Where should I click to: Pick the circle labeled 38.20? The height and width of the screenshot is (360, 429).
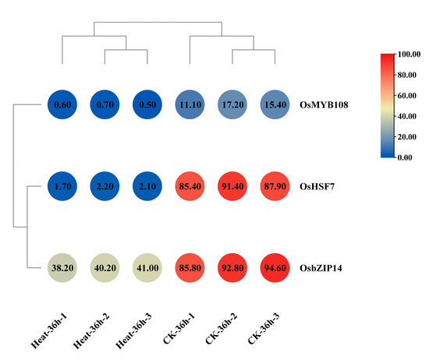click(x=62, y=272)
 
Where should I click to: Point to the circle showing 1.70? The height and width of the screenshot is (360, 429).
click(x=62, y=188)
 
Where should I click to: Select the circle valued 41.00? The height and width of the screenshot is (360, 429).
click(x=147, y=272)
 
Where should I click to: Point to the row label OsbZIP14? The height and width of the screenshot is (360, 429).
click(x=322, y=272)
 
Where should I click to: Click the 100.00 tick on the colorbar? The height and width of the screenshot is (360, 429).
click(x=410, y=55)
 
